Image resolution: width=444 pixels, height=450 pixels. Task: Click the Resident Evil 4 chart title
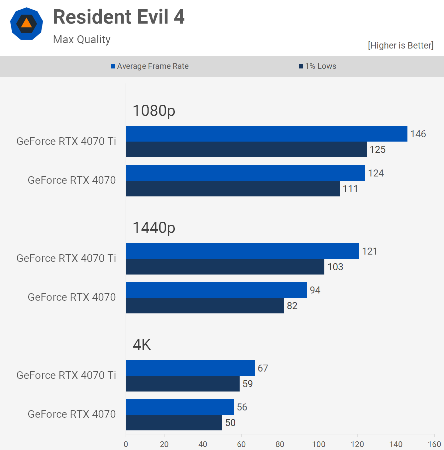(x=119, y=17)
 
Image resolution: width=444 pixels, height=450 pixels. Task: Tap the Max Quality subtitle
(x=82, y=40)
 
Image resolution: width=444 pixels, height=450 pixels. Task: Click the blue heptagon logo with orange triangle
(x=27, y=24)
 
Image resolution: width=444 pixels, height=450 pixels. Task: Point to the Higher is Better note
(x=400, y=46)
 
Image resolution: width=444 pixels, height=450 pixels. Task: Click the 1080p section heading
(x=154, y=111)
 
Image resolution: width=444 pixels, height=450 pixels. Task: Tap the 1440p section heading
(x=154, y=228)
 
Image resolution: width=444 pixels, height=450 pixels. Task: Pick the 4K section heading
(x=142, y=345)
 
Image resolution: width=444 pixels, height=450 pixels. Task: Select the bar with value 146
(x=267, y=134)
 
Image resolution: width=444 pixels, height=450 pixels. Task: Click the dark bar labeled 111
(x=233, y=189)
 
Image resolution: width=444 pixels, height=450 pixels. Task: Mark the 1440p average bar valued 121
(x=243, y=251)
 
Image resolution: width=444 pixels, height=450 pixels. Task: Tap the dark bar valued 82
(x=205, y=306)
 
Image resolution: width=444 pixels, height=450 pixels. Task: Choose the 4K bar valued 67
(x=190, y=368)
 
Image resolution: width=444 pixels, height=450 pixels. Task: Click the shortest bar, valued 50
(x=174, y=423)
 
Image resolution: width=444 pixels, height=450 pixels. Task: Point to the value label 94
(x=315, y=290)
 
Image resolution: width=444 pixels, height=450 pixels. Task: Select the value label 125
(x=378, y=150)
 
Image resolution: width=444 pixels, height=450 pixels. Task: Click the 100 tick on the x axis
(x=319, y=444)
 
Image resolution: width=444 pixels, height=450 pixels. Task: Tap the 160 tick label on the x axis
(x=434, y=444)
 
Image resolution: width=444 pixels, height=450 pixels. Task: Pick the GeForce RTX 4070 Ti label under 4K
(x=66, y=375)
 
